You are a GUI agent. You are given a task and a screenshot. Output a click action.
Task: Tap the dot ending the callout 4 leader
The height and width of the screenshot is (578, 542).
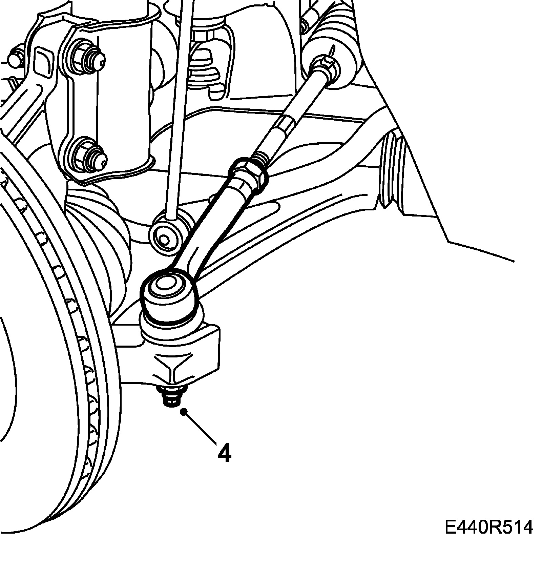point(184,412)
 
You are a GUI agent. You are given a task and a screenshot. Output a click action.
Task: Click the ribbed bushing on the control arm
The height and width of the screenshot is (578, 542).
point(390,173)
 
